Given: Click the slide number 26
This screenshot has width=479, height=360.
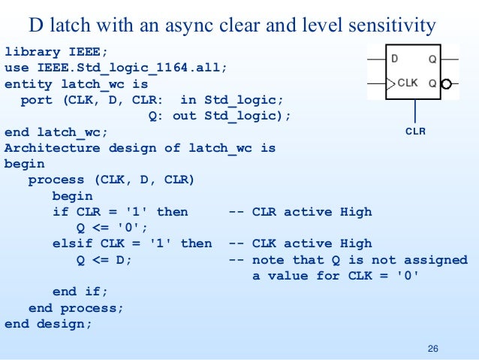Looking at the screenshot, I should (432, 348).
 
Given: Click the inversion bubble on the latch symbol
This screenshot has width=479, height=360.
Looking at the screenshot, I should (446, 84).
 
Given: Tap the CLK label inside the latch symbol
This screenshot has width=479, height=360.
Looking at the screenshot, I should (408, 83).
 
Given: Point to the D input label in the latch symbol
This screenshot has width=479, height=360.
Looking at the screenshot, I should (393, 58).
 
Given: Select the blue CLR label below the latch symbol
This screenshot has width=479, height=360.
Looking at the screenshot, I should (415, 131).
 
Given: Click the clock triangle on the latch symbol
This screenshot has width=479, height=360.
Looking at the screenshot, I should (390, 83).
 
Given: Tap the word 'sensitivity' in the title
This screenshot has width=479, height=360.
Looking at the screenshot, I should (390, 26).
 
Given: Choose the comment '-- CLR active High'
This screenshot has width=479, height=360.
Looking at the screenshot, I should (300, 212).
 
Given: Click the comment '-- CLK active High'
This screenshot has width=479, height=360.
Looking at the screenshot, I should (300, 244).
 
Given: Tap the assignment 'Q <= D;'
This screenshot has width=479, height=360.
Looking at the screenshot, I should (104, 259).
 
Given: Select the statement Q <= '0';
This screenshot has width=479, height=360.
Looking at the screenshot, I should (113, 228).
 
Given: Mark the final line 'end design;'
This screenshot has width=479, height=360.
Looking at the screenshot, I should (48, 324).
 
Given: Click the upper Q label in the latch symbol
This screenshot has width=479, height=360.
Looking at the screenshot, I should (432, 58).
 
